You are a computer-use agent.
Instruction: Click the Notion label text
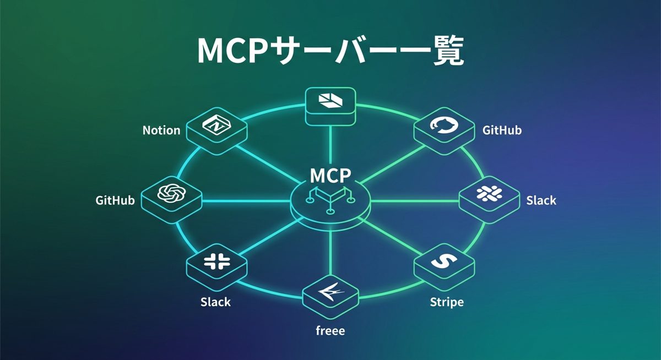point(161,130)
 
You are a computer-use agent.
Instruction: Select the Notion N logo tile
point(216,126)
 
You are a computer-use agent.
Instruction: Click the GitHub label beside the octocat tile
point(502,130)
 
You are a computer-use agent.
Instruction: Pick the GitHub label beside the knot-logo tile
point(115,200)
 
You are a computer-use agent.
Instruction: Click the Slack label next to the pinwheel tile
point(541,200)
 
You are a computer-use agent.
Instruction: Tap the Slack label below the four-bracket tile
point(215,302)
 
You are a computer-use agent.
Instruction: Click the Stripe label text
point(446,302)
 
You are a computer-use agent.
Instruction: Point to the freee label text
point(330,331)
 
